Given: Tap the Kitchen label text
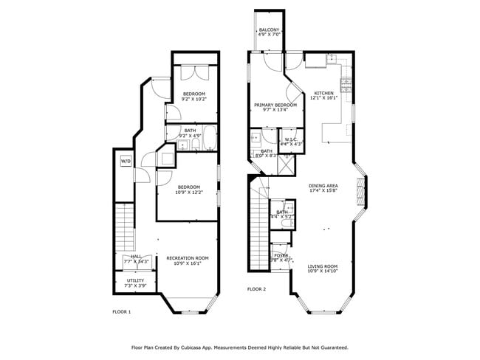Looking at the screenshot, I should coord(323,95).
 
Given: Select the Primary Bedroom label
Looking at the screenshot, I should coord(275,108).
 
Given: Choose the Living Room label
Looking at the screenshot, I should coord(322,269).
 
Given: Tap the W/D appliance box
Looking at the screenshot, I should coord(126,160).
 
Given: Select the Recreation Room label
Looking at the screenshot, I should coord(187,260).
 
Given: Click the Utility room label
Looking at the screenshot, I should coord(134,283).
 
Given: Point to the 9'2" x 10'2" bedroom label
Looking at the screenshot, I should coord(194,96).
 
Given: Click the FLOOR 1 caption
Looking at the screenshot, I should coord(121,312).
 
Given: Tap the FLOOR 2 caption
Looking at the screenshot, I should coord(256,289).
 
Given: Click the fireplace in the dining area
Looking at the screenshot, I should coord(360,190).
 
